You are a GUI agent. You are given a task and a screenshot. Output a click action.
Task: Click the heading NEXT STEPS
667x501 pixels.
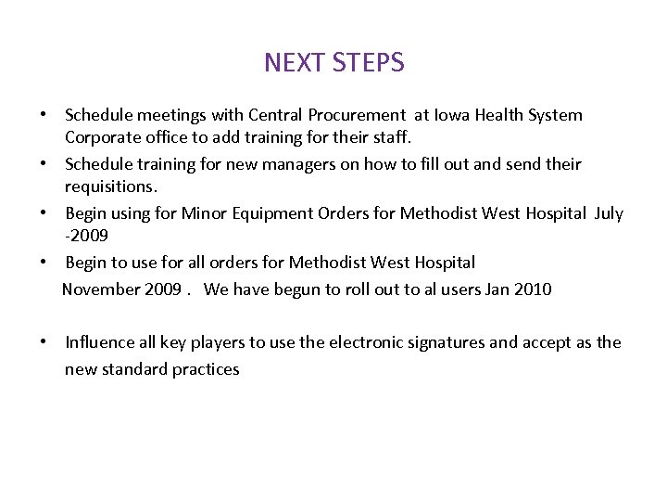(333, 63)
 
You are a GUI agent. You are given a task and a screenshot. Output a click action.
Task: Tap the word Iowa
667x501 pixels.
(454, 116)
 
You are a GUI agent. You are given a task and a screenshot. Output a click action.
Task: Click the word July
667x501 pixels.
(609, 213)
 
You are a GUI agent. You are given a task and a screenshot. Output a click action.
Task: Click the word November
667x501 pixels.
(101, 289)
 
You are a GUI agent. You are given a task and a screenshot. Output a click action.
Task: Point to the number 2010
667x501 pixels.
(533, 289)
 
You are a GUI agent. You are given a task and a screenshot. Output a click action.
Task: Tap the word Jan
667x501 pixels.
(497, 289)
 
